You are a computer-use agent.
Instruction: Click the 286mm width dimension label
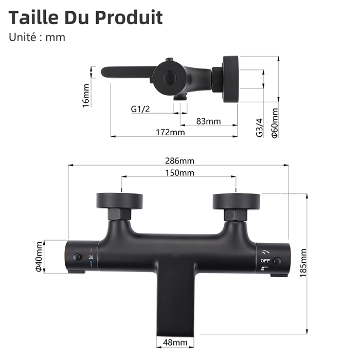[179, 161]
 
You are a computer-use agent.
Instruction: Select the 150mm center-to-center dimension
[179, 173]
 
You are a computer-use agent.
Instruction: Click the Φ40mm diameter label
[39, 257]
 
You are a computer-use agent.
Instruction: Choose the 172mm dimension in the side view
[170, 133]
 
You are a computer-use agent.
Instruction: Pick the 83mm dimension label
[208, 121]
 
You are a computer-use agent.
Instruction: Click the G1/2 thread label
[141, 109]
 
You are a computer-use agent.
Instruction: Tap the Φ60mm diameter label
[275, 123]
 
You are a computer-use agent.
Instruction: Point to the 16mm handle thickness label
[86, 95]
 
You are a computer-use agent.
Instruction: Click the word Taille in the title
[34, 17]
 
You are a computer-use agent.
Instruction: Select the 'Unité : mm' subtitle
[38, 37]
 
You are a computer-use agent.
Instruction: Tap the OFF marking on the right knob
[265, 261]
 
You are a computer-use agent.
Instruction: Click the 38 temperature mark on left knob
[91, 257]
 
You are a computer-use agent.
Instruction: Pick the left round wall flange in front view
[119, 200]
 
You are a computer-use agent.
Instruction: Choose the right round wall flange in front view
[237, 200]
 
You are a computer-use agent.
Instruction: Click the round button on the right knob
[278, 261]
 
